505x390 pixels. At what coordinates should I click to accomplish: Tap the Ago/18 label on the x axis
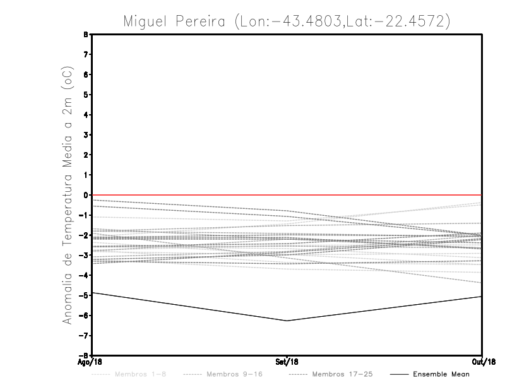[x=90, y=362]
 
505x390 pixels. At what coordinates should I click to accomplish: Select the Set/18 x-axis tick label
[x=287, y=362]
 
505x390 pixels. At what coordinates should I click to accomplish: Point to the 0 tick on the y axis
[x=87, y=195]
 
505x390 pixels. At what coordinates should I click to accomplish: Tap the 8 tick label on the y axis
[x=87, y=35]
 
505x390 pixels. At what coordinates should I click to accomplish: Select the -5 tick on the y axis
[x=85, y=295]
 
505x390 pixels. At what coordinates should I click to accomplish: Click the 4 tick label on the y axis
[x=87, y=115]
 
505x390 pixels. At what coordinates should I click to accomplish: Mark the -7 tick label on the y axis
[x=85, y=335]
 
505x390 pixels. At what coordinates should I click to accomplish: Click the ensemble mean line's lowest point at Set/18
[x=287, y=321]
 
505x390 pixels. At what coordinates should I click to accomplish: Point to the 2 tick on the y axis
[x=87, y=155]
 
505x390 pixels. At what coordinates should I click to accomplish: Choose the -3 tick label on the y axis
[x=85, y=255]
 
